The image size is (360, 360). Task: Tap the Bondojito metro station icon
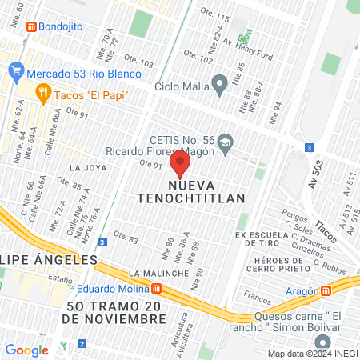[31, 26]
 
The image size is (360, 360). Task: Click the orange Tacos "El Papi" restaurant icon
[43, 94]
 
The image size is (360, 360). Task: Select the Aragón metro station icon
[326, 293]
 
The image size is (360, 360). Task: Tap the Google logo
[26, 350]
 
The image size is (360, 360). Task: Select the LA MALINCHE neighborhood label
[162, 274]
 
